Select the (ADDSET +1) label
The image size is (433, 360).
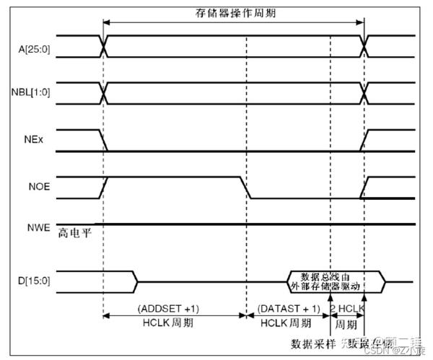click(174, 308)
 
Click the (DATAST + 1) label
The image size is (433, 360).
click(287, 308)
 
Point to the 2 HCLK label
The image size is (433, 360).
click(347, 308)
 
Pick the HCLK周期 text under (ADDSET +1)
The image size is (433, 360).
click(174, 322)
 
